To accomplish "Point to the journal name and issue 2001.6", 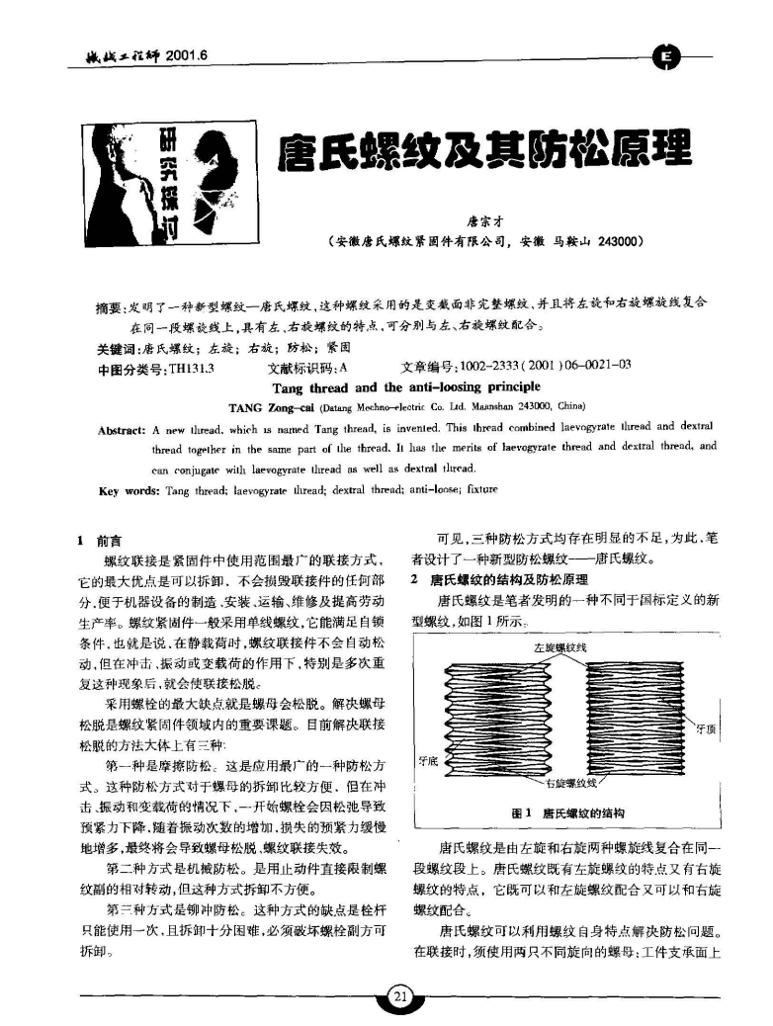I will tap(148, 52).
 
